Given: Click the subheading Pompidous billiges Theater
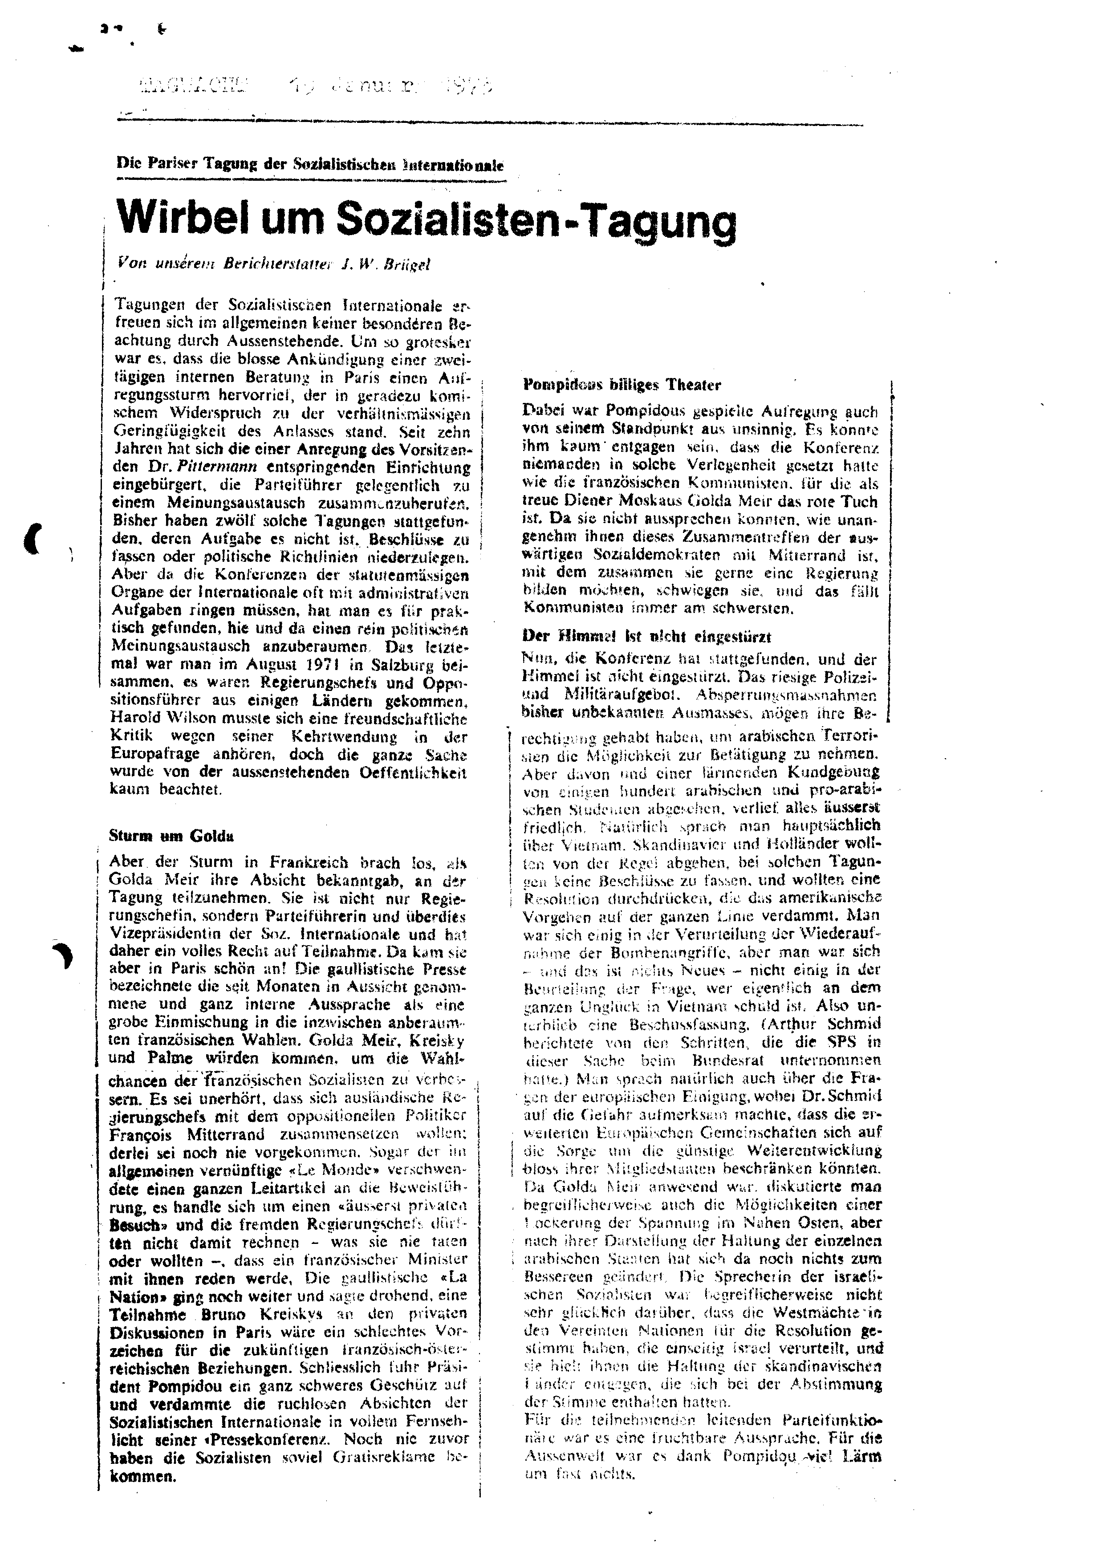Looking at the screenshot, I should pos(622,385).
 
